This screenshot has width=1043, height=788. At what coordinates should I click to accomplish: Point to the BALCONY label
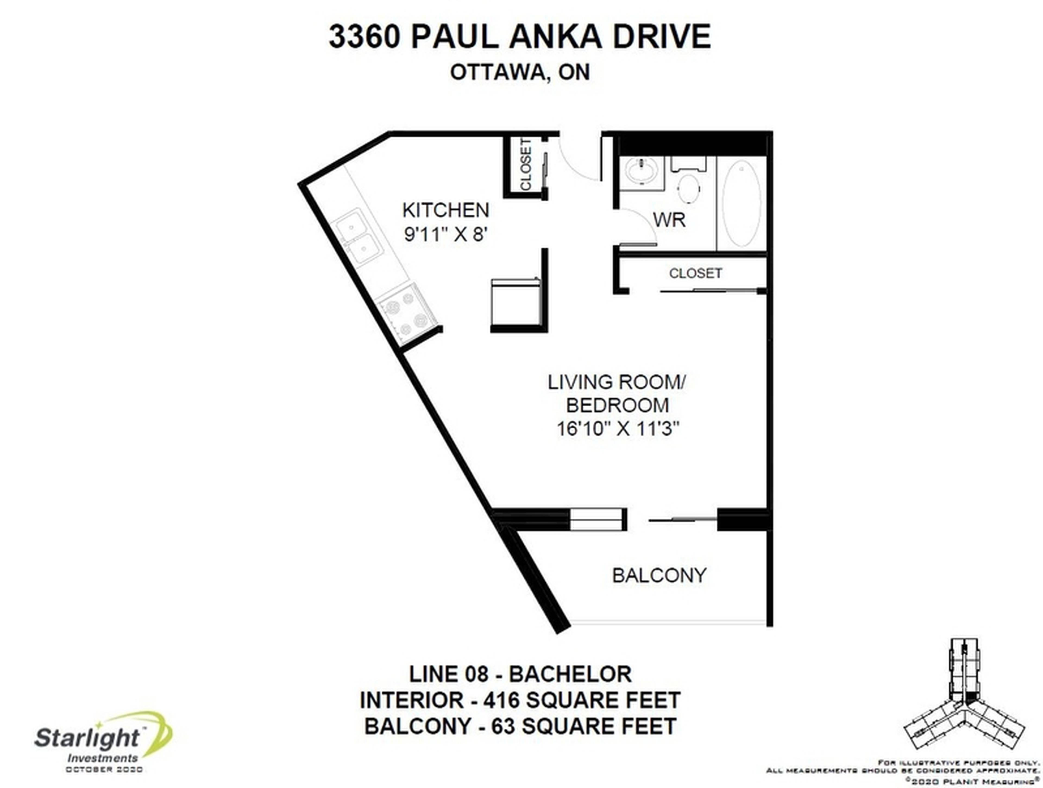[659, 575]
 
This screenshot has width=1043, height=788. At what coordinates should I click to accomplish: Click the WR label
[669, 220]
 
